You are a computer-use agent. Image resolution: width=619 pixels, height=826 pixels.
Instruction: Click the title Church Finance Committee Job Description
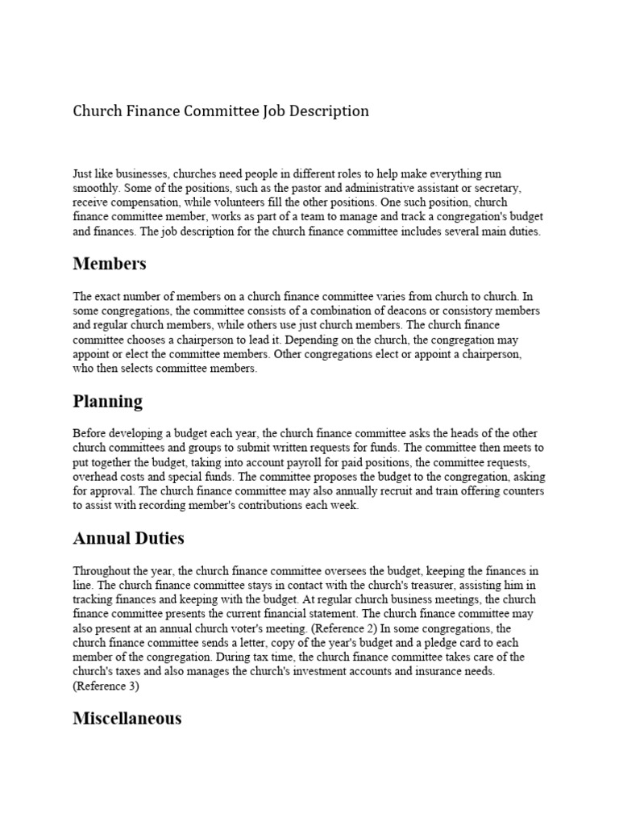coord(221,111)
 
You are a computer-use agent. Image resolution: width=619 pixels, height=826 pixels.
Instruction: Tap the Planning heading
coord(107,401)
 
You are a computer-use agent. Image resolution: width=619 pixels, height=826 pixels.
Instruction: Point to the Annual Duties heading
coord(128,538)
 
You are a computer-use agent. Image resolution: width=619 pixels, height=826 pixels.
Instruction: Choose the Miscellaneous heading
coord(127,717)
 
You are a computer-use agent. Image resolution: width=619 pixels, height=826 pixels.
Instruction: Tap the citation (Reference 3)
coord(106,686)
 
